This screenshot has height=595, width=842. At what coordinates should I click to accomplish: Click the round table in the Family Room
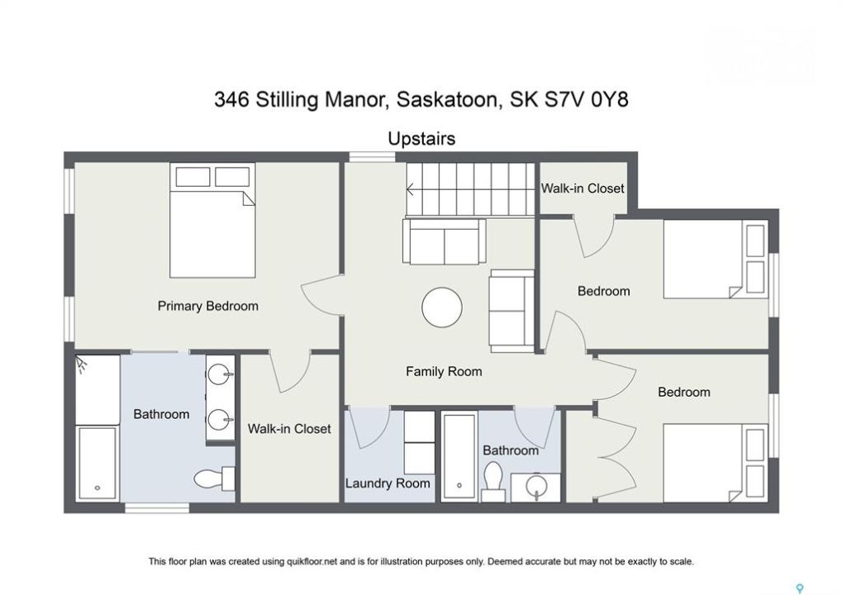pos(442,307)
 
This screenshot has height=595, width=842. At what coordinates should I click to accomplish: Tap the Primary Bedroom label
pos(208,306)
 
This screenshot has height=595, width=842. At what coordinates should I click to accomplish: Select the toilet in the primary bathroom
pos(214,478)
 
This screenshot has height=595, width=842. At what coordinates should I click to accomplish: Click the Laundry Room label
pos(388,483)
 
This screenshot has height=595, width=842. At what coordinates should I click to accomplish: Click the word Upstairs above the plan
pos(421,139)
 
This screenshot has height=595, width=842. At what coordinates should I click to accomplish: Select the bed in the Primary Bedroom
pos(212,220)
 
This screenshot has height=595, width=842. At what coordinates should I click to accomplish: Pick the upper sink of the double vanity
pos(220,374)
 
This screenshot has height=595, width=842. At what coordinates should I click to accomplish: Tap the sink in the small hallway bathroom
pos(536,487)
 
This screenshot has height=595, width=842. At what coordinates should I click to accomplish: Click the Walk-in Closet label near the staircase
pos(583,188)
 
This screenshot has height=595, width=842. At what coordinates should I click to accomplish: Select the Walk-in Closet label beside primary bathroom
pos(289,429)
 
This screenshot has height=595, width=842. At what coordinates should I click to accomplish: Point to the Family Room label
pos(444,371)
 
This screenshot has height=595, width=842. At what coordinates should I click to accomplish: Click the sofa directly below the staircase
pos(444,241)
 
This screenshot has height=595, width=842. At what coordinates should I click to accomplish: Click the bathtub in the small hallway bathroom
pos(459,456)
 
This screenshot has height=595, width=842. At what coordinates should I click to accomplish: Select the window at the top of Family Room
pos(372,156)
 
